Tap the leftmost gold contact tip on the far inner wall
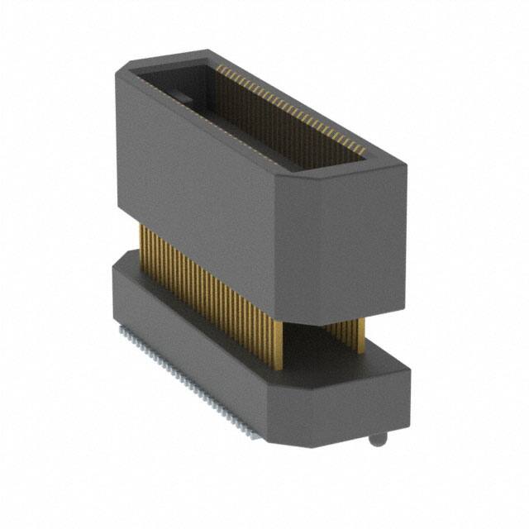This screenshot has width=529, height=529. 219,69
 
